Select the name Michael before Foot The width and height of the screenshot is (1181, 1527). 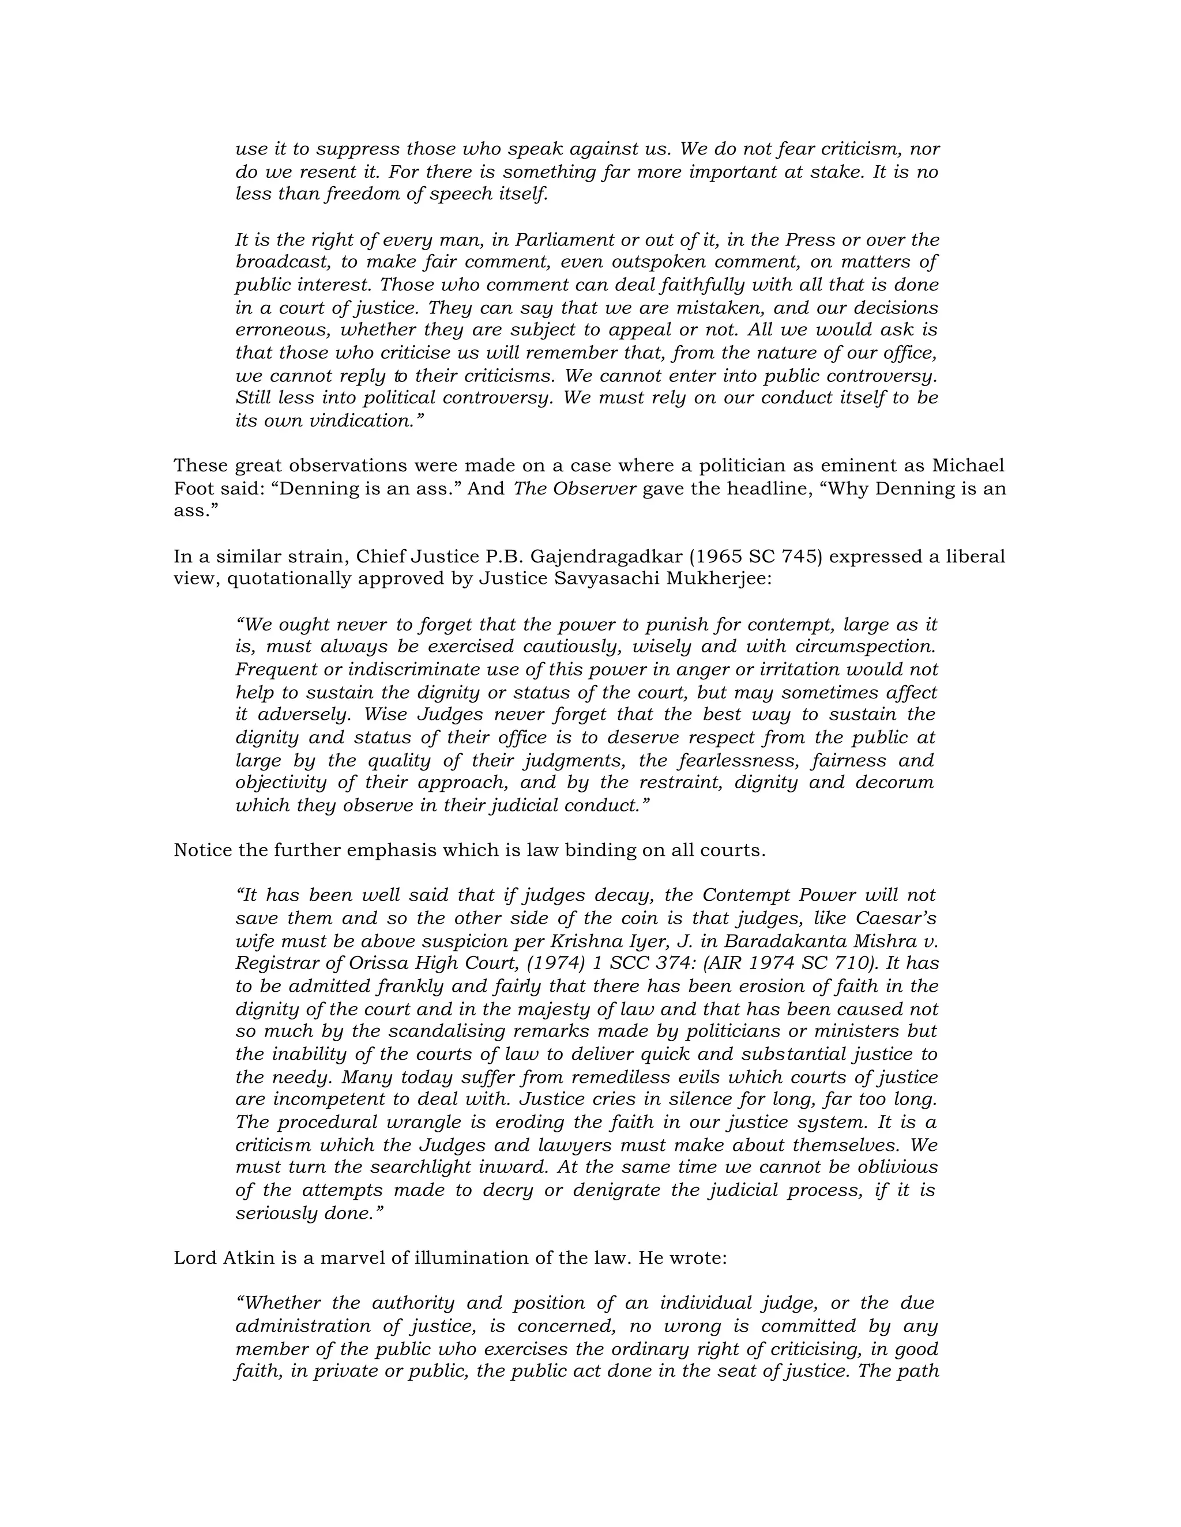click(970, 466)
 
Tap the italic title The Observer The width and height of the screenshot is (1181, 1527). click(574, 489)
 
